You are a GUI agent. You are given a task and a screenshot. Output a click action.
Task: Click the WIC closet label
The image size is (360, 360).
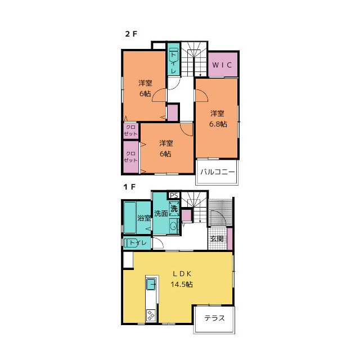pos(222,65)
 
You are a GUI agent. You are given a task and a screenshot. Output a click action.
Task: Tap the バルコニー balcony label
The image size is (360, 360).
pos(217,172)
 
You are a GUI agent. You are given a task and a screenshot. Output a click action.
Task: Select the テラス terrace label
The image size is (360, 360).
pos(214,318)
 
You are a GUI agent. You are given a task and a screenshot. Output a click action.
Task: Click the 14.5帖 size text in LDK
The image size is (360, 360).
pos(181,284)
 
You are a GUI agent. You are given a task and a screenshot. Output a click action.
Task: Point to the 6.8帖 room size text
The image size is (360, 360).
pos(218,124)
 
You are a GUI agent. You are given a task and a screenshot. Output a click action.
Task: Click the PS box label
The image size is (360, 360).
pos(174,195)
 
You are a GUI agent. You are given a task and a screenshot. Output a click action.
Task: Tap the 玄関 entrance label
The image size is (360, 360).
pos(217,238)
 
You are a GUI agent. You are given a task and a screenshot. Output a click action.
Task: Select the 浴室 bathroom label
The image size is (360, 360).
pos(144,218)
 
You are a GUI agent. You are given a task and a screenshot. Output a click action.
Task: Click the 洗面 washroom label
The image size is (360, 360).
pos(161,213)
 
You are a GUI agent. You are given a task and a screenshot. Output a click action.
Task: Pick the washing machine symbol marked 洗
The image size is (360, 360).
pos(174,209)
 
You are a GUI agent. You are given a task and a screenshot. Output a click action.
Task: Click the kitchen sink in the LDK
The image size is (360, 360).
pos(151,284)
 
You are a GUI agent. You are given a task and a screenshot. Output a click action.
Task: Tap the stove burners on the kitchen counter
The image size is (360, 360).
pos(151,315)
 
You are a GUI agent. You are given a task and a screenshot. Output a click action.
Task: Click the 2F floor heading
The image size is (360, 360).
pos(131,34)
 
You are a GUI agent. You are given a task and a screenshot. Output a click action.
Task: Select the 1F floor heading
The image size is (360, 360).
pos(129,187)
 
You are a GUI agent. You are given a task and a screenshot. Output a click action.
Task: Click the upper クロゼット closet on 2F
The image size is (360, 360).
pos(131,130)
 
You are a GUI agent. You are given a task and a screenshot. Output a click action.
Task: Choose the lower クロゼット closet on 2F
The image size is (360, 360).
pos(131,157)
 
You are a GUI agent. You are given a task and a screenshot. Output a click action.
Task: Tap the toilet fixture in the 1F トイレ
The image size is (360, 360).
pos(131,243)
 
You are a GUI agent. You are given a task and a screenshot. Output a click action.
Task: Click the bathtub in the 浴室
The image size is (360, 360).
pos(130,218)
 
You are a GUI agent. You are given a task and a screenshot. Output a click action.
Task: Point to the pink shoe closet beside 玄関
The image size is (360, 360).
pos(229,238)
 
